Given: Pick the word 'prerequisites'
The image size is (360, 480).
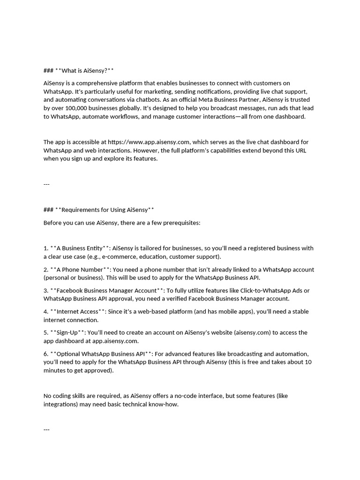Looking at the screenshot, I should pos(181,223).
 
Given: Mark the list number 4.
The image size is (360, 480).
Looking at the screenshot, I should pos(45,312).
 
